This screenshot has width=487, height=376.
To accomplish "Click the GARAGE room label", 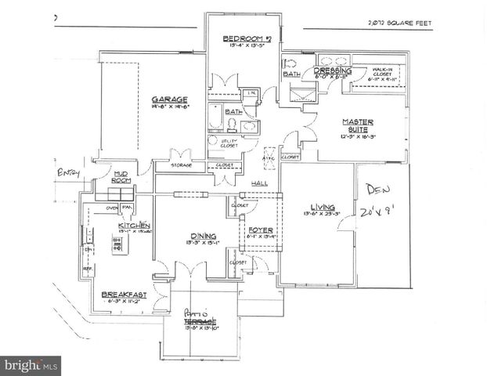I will coord(168,99).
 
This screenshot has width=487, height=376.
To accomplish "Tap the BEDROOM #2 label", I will coord(247,38).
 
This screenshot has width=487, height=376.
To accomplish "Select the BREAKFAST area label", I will coord(124,295).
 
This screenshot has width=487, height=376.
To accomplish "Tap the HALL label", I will coord(260,183).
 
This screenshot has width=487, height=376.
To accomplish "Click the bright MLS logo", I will coord(31,364).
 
